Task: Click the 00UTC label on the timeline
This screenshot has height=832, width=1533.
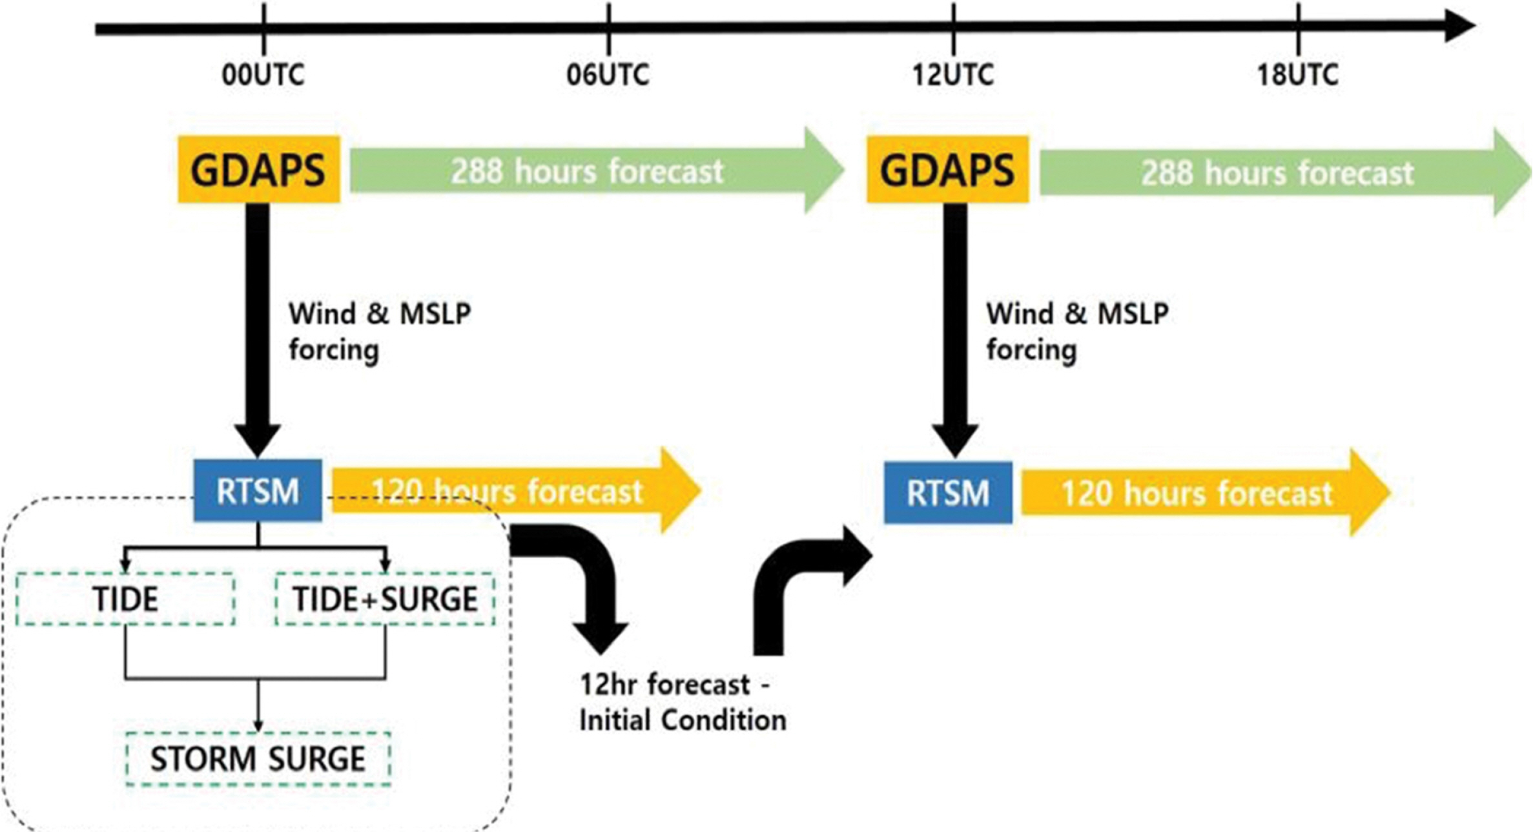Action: (x=263, y=75)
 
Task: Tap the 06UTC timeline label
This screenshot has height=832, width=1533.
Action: (x=608, y=75)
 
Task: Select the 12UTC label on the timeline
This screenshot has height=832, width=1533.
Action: (x=952, y=75)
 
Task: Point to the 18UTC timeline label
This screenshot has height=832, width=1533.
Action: (x=1297, y=75)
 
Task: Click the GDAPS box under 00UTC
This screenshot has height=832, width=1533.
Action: (x=259, y=169)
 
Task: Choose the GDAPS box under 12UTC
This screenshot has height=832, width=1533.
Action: (x=947, y=169)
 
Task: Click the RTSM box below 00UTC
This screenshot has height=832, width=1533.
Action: (x=258, y=490)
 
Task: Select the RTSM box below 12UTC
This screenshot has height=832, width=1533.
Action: (x=948, y=492)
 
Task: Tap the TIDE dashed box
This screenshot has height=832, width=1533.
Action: (x=125, y=599)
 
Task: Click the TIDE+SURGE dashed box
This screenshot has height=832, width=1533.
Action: (x=385, y=599)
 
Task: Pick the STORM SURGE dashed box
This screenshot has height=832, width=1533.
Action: (x=258, y=758)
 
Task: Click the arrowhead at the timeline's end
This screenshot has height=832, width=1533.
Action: (x=1461, y=26)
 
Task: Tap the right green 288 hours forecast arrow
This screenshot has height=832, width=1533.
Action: (x=1285, y=172)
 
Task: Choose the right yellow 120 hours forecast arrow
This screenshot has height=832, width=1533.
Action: (x=1206, y=493)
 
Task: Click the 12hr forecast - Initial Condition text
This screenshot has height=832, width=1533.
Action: (x=683, y=702)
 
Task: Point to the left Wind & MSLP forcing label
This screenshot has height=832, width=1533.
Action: (x=380, y=332)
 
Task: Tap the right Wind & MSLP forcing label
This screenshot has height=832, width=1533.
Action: (x=1077, y=332)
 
